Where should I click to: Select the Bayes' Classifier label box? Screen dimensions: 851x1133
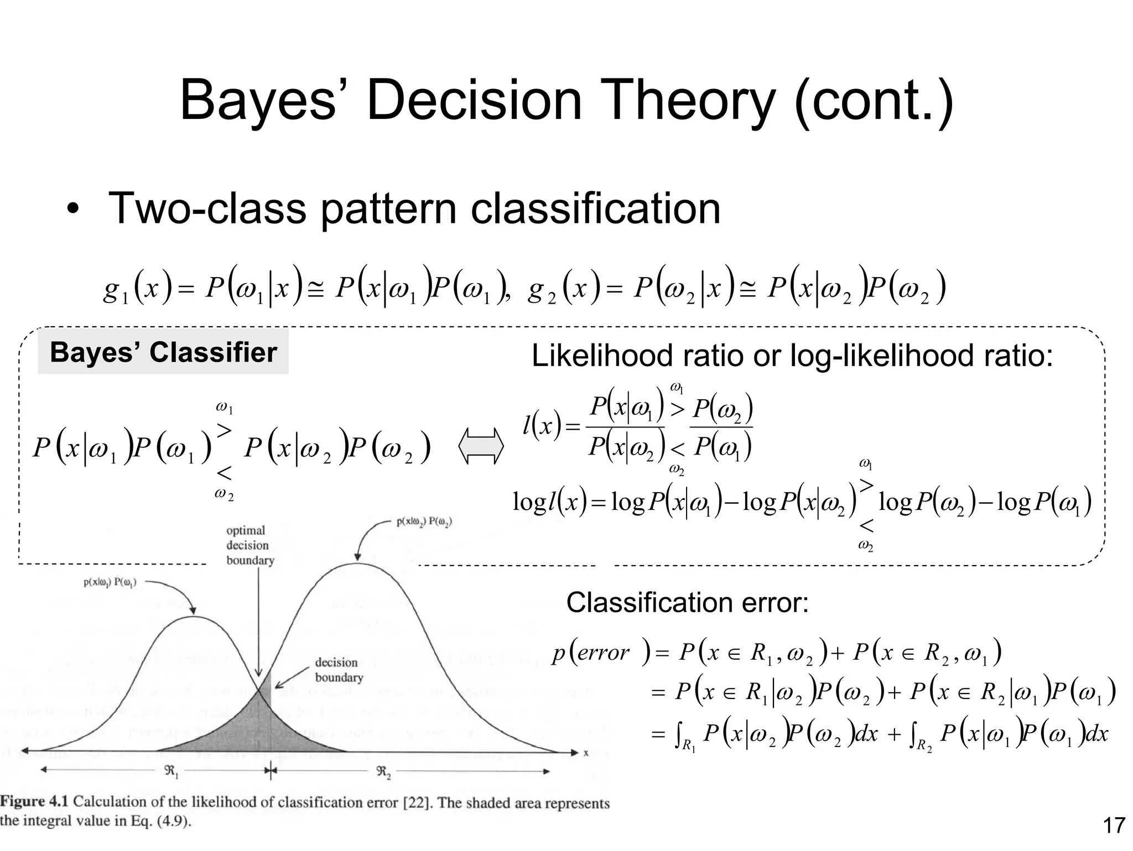(x=163, y=352)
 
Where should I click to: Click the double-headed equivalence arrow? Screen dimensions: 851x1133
(x=481, y=446)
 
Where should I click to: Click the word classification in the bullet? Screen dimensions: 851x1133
(x=595, y=208)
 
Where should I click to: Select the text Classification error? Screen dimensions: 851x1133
(x=687, y=602)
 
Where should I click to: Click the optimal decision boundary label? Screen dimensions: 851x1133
(x=250, y=545)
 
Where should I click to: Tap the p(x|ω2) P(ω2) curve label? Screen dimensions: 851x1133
(x=424, y=522)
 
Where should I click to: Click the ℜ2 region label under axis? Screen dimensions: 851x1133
(x=384, y=772)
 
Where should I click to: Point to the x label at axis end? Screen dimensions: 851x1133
(x=586, y=753)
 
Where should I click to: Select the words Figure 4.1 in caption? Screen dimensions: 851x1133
(x=35, y=801)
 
